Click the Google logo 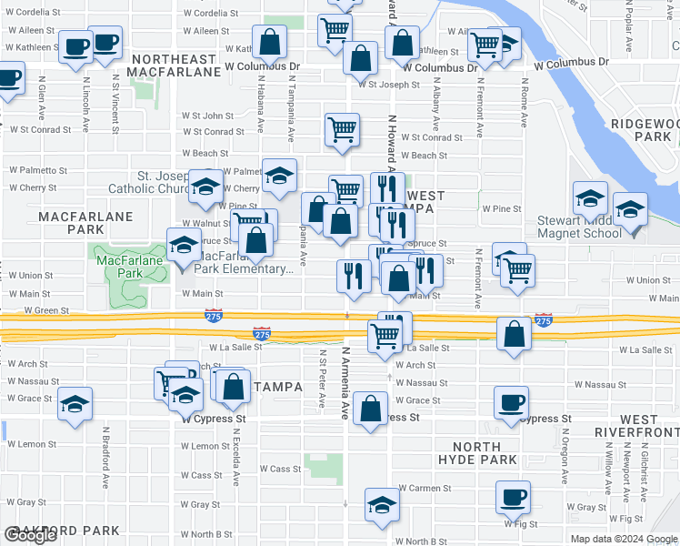coord(30,535)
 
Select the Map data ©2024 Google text coord(624,539)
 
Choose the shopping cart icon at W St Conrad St coord(342,129)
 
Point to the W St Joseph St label coord(388,85)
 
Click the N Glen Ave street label coord(42,99)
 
